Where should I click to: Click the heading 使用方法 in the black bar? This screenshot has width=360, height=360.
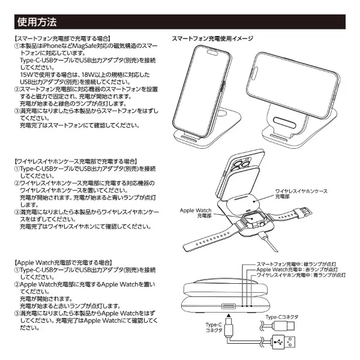(37, 23)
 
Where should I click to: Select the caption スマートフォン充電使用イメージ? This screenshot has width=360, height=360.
(212, 38)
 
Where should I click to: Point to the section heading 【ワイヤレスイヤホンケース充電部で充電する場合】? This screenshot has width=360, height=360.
(76, 162)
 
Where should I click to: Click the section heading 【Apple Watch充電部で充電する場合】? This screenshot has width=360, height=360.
(62, 263)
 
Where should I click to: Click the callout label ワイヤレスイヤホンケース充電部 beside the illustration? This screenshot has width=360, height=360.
(301, 193)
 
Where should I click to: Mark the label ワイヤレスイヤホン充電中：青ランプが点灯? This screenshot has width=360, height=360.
(301, 275)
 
